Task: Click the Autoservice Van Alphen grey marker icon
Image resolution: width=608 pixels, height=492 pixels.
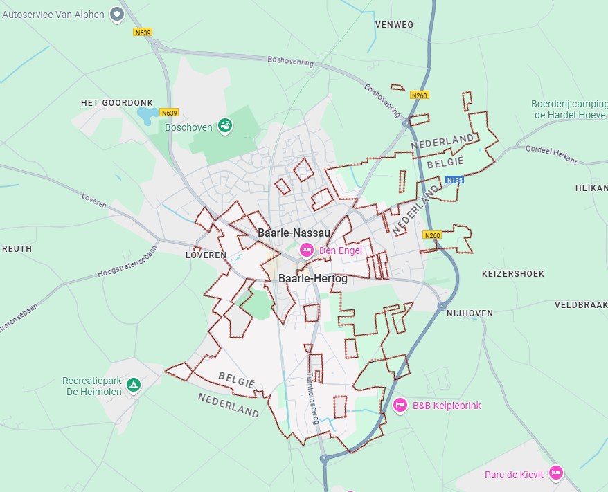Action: (117, 14)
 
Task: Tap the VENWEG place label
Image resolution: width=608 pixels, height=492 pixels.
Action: (394, 25)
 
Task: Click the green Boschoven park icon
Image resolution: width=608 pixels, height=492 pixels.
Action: (225, 125)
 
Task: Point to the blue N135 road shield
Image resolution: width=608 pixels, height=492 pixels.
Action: (454, 180)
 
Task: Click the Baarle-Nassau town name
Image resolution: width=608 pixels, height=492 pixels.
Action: (294, 233)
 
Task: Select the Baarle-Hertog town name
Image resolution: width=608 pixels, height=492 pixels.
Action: (313, 278)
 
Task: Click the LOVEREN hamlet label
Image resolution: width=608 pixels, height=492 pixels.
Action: (206, 255)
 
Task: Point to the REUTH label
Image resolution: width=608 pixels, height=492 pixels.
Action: (17, 248)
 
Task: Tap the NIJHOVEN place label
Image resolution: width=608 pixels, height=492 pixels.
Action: (470, 313)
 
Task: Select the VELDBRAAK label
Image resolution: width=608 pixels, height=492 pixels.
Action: (581, 304)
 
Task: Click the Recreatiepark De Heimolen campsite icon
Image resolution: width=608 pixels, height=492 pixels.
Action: (134, 385)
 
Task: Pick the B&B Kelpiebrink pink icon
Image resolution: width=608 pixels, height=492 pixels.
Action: (400, 406)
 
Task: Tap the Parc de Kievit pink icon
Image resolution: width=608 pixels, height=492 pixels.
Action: (555, 473)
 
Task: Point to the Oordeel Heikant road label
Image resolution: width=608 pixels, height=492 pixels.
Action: (551, 155)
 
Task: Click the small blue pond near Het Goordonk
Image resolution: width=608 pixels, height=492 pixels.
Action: (147, 115)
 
